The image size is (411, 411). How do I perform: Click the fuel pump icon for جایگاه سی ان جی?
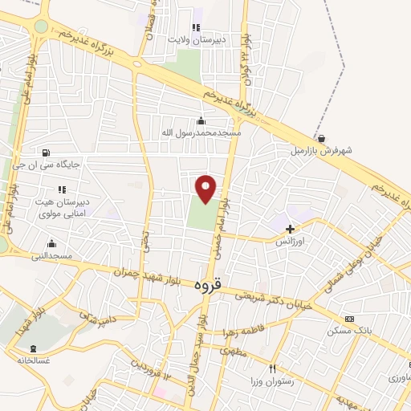pyautogui.click(x=44, y=153)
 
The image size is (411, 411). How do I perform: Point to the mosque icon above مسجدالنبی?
pyautogui.click(x=52, y=243)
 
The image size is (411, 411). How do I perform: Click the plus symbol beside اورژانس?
pyautogui.click(x=290, y=229)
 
